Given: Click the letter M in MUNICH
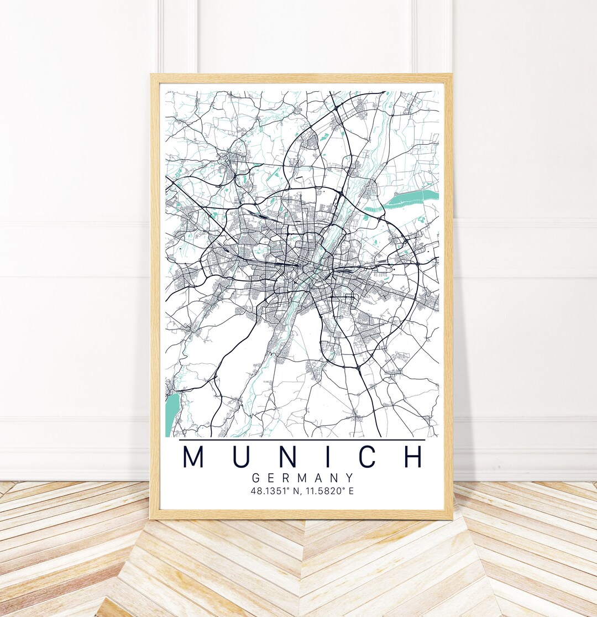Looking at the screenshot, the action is pos(194,457).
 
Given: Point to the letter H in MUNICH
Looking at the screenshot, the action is pos(412,457).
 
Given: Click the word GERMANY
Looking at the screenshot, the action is pos(302,478).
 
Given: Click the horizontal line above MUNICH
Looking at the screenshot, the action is pos(302,440).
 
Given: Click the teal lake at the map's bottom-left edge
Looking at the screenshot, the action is pos(171,412).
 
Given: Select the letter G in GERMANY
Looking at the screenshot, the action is pos(255,478).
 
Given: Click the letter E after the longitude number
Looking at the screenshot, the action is pos(351,491).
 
